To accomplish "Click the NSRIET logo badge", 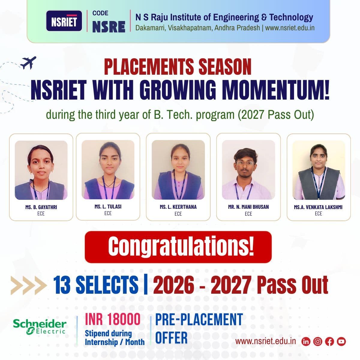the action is (64, 21).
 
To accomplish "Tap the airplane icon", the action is (28, 63).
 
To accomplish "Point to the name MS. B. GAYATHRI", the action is (41, 207).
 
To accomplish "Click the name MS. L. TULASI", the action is (108, 206).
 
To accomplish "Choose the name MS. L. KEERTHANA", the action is (178, 207).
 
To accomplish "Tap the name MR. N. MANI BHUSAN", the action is (248, 207).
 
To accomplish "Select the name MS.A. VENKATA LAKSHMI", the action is (318, 207).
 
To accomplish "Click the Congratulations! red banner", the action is (178, 247).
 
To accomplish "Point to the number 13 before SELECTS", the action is (62, 284).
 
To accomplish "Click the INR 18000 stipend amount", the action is (112, 319).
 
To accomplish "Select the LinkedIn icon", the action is (306, 341).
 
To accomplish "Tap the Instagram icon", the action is (318, 341).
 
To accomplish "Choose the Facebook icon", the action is (329, 341).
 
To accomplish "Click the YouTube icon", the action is (341, 341).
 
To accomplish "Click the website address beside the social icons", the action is (265, 341).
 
